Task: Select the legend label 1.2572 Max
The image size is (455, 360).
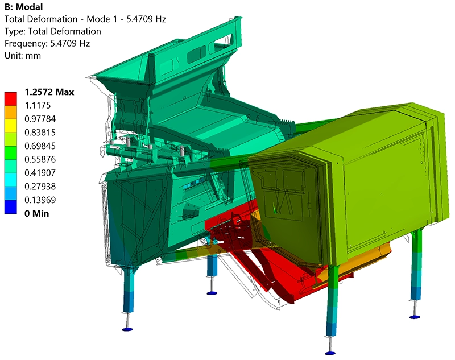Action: (x=49, y=92)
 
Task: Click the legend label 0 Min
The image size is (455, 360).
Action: (x=36, y=214)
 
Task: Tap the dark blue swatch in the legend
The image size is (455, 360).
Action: (x=13, y=208)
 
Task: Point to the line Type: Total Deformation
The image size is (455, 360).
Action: (x=52, y=31)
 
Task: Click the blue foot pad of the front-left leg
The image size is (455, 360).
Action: (x=127, y=329)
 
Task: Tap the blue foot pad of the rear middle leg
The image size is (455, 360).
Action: (x=212, y=293)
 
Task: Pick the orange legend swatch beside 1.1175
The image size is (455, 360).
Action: (x=13, y=111)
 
